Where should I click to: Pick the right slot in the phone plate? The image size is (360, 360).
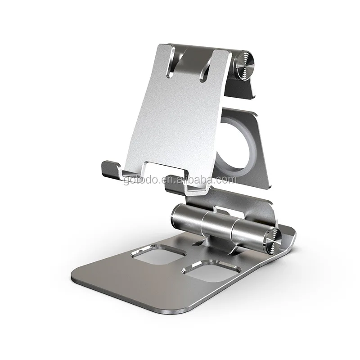click(x=207, y=65)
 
